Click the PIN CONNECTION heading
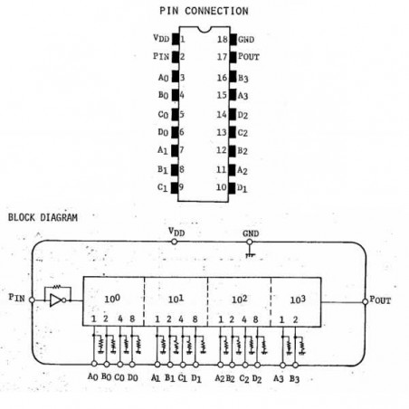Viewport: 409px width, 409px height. (204, 11)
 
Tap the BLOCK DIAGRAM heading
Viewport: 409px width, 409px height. (43, 217)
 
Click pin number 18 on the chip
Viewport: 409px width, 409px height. (223, 39)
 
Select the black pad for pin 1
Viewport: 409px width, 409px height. (176, 39)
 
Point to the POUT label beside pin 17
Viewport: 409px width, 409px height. (249, 56)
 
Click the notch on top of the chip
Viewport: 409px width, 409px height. (204, 29)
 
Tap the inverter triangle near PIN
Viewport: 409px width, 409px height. (56, 300)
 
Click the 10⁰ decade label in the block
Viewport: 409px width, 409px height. (112, 299)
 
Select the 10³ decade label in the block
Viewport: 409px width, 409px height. (298, 300)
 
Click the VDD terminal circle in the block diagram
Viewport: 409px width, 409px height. (174, 242)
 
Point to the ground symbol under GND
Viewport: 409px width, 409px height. (250, 252)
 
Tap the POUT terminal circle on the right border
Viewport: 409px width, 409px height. (365, 301)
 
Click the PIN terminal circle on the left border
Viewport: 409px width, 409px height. (32, 300)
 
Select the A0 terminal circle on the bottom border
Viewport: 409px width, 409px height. (94, 364)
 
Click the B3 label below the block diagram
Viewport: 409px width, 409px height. (294, 378)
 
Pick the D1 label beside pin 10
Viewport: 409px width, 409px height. (242, 188)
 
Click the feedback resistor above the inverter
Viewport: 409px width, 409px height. (57, 286)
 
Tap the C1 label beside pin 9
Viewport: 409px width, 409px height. (162, 187)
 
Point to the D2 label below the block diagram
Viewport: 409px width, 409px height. (257, 378)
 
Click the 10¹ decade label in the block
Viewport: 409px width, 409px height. (176, 299)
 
